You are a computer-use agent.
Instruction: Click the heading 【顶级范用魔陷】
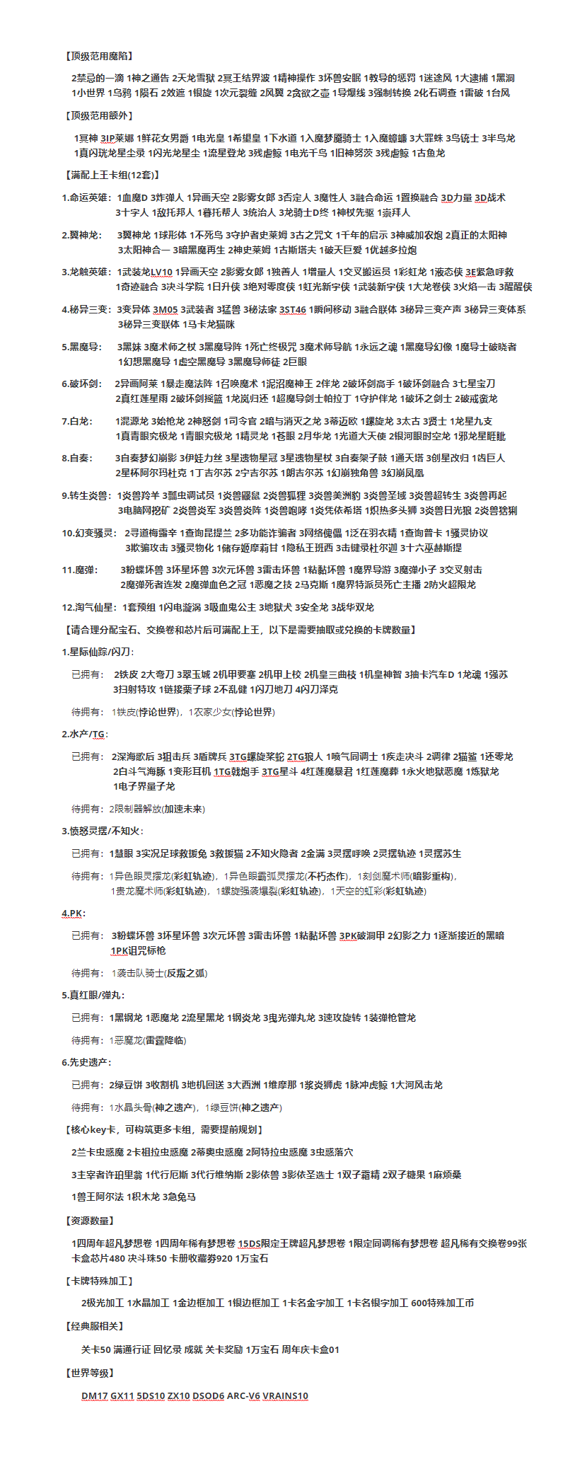(99, 56)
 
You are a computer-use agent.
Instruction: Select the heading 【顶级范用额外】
(99, 115)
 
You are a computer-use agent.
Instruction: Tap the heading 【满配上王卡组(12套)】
(112, 175)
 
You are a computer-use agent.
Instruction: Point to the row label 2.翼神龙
(81, 235)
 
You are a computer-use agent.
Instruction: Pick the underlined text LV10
(161, 272)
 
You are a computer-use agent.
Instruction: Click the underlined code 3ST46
(293, 309)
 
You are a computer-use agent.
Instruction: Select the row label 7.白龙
(76, 421)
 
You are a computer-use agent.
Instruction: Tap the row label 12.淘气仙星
(88, 607)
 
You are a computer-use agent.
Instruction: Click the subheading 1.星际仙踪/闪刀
(98, 652)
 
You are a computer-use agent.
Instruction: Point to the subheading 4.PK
(73, 914)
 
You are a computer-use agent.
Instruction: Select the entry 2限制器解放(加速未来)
(157, 809)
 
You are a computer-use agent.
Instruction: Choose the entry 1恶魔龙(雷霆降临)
(149, 1040)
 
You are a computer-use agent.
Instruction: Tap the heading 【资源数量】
(90, 1221)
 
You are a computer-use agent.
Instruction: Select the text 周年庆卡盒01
(310, 1349)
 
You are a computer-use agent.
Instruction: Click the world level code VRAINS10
(286, 1396)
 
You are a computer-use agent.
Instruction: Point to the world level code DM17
(94, 1396)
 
